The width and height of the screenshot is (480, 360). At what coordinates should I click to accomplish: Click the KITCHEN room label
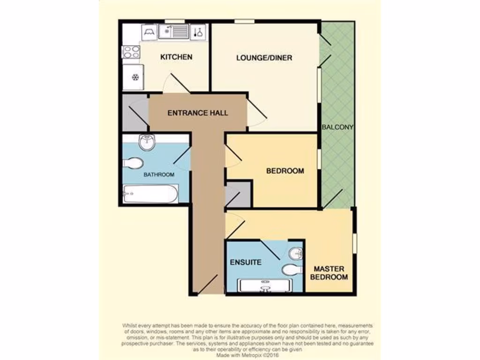(176, 57)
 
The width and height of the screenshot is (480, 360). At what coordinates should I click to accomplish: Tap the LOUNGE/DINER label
(264, 58)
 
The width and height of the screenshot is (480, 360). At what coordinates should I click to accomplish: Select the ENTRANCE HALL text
(198, 113)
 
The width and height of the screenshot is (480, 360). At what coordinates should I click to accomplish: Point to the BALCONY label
(337, 127)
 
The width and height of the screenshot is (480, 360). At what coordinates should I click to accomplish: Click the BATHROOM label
(159, 175)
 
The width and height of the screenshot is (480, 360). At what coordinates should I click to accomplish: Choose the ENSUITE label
(246, 262)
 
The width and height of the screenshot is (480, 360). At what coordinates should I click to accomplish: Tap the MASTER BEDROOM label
(329, 273)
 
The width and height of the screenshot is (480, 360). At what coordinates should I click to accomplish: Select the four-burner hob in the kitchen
(131, 52)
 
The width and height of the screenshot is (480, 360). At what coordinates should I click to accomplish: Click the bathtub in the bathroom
(150, 194)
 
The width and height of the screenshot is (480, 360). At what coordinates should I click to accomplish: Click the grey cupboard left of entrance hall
(135, 113)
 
